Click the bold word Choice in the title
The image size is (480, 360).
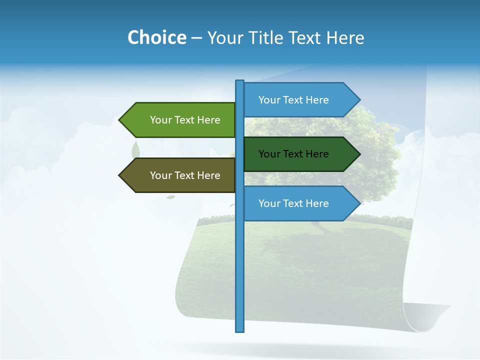[x=156, y=37]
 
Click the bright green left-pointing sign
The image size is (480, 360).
[x=180, y=120]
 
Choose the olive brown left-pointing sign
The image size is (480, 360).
[x=180, y=175]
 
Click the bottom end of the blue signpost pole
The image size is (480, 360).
[x=240, y=330]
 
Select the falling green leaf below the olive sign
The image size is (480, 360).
[x=170, y=197]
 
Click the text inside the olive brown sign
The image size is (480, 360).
[x=185, y=175]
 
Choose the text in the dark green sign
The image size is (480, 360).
[x=293, y=154]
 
